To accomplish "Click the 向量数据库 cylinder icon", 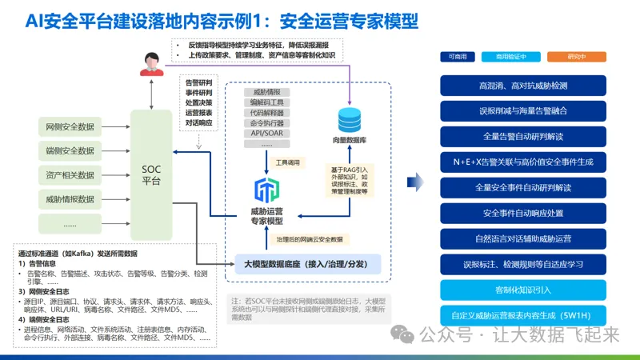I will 350,121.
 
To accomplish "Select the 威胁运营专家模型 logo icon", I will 266,190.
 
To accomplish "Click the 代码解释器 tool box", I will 266,114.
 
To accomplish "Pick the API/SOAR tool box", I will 266,134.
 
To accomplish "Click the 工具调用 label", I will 287,162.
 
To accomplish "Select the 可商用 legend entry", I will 458,57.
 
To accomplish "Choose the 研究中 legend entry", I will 576,57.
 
